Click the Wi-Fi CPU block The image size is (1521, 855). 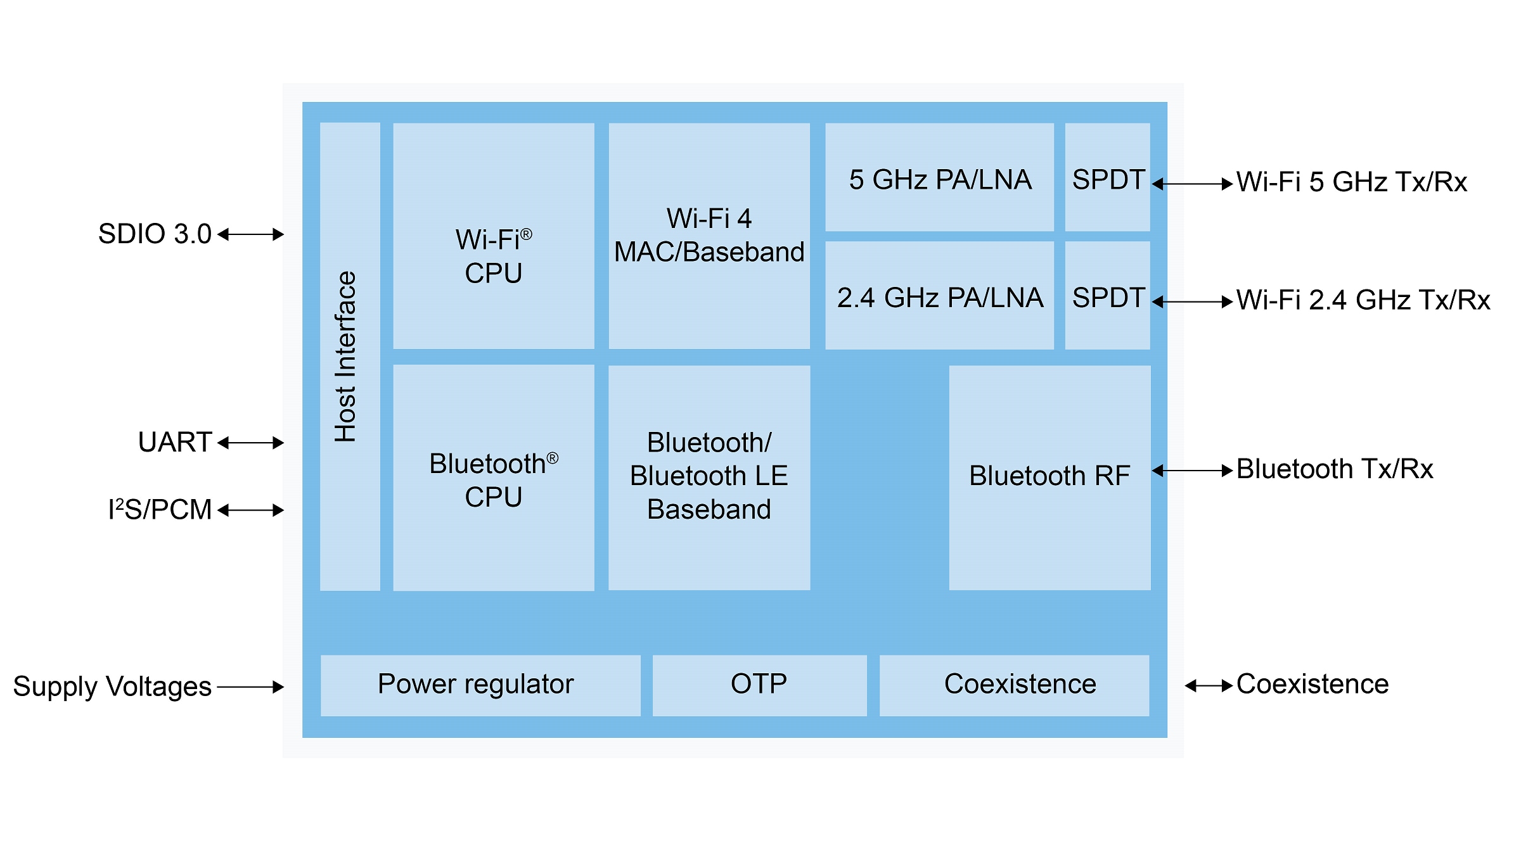click(x=494, y=236)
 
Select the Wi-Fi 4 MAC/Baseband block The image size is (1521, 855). click(x=709, y=236)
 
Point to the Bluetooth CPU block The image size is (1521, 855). click(x=494, y=478)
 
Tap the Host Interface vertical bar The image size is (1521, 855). click(x=350, y=357)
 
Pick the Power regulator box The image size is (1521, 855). click(x=480, y=685)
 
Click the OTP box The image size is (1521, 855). click(x=759, y=685)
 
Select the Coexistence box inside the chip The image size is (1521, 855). click(x=1014, y=685)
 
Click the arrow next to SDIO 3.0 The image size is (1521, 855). click(x=251, y=234)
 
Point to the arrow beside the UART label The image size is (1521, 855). click(x=251, y=443)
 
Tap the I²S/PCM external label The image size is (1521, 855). click(x=160, y=510)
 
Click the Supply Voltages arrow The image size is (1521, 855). click(x=251, y=687)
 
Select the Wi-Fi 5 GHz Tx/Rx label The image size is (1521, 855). click(x=1351, y=182)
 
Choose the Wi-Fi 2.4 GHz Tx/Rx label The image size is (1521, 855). click(x=1363, y=300)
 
